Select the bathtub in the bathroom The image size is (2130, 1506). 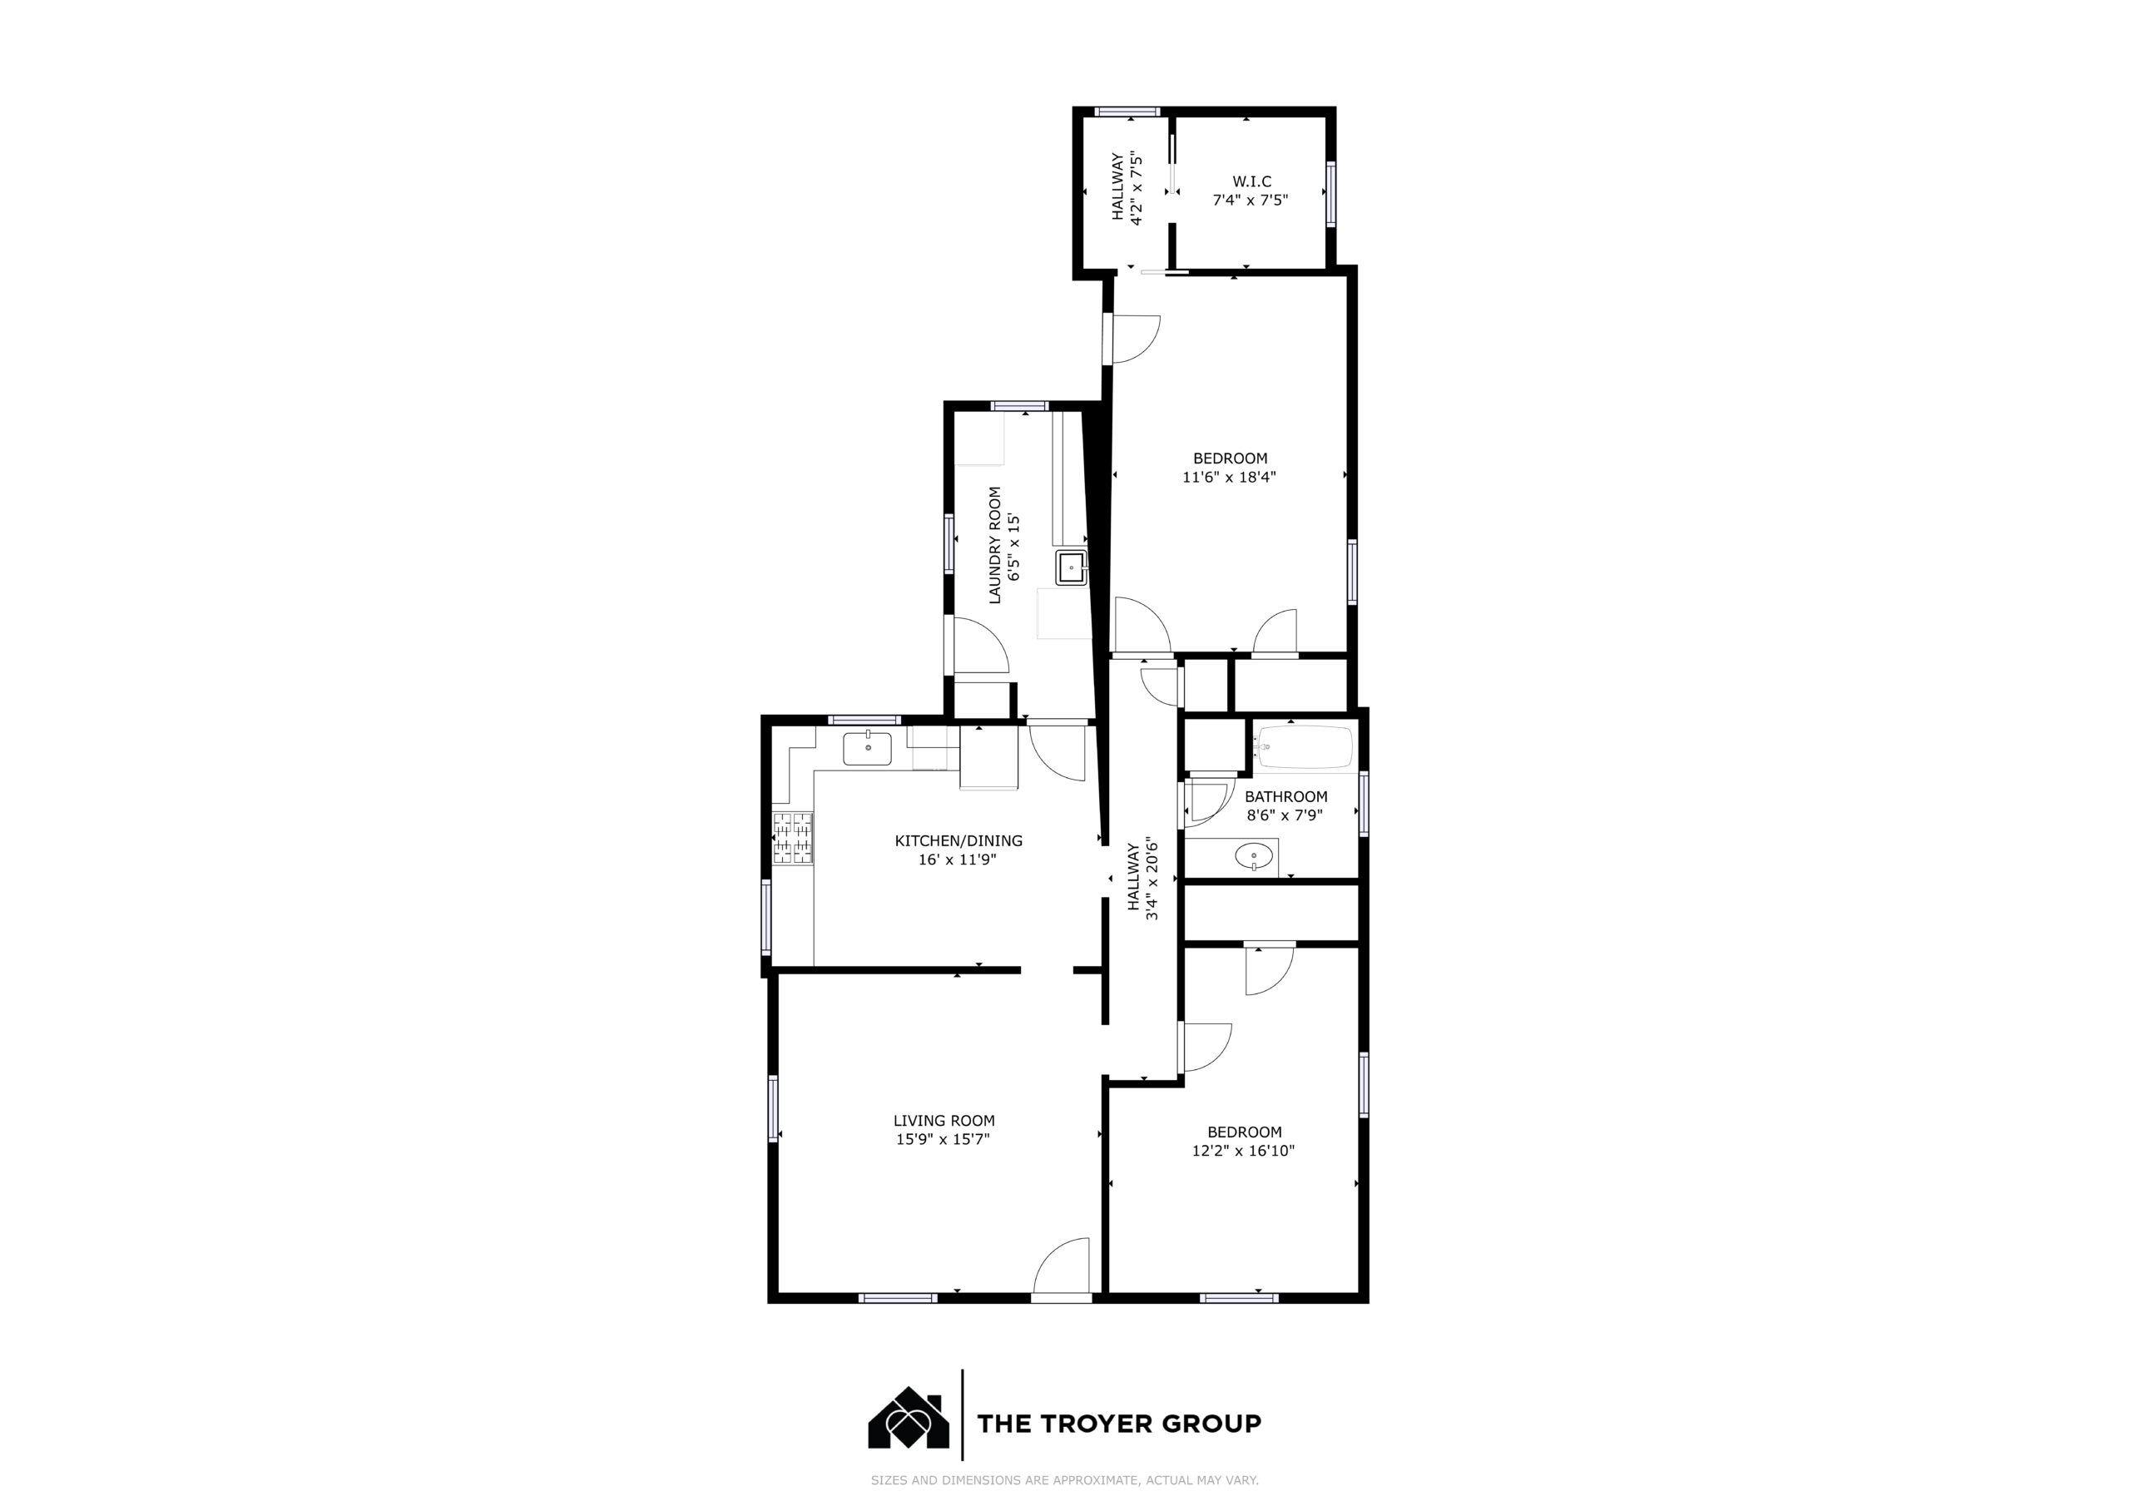[x=1305, y=747]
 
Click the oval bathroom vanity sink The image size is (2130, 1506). [x=1253, y=855]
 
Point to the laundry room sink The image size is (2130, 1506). [x=1072, y=566]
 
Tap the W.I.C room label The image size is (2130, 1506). [x=1251, y=182]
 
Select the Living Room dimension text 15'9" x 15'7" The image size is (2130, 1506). [x=944, y=1139]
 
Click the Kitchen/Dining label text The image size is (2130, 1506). [x=958, y=840]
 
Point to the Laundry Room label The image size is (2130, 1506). [x=995, y=546]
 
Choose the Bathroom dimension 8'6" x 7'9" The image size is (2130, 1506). [x=1285, y=815]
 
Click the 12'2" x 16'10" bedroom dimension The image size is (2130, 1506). [x=1244, y=1151]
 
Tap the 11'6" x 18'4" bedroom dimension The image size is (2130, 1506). [x=1229, y=477]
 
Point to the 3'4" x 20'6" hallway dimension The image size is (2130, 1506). [x=1153, y=879]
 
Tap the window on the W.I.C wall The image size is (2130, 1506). [x=1331, y=195]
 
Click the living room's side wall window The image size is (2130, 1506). [x=773, y=1108]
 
